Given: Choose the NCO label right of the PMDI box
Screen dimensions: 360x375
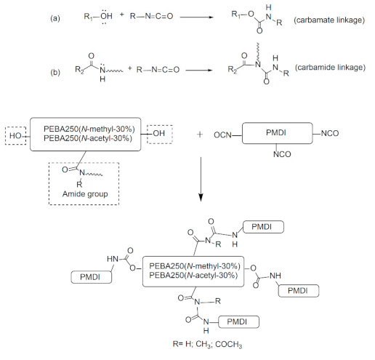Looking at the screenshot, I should (350, 135).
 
